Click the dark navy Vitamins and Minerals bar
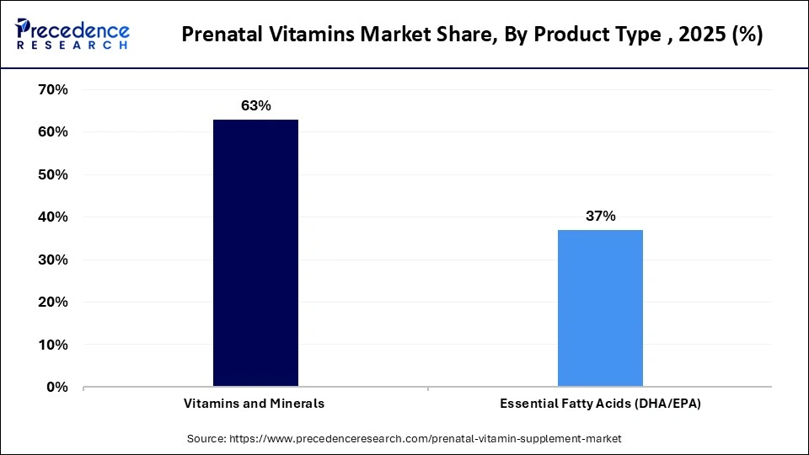click(x=255, y=253)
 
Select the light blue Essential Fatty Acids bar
click(x=600, y=308)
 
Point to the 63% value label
click(x=255, y=106)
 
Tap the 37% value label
click(x=600, y=217)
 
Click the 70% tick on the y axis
click(x=53, y=89)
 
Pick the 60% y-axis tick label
click(x=53, y=132)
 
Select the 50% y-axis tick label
click(x=53, y=174)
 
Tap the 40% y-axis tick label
click(x=53, y=217)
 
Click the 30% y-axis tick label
click(x=53, y=260)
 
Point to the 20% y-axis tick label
click(x=53, y=302)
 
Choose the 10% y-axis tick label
click(x=53, y=345)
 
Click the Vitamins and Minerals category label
click(x=254, y=404)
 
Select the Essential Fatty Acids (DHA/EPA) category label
click(x=600, y=404)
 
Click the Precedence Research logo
click(x=72, y=35)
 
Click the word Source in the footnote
click(x=207, y=439)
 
